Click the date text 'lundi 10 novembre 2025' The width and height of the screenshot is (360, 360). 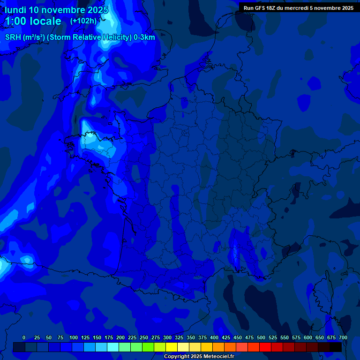tap(56, 9)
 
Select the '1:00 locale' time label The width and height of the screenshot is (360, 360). tap(33, 21)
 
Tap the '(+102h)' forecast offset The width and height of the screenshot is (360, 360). tap(83, 21)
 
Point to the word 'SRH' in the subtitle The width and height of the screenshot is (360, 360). tap(13, 37)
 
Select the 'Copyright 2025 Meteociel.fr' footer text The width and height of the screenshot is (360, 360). tap(199, 356)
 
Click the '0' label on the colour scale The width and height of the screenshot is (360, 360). tap(24, 337)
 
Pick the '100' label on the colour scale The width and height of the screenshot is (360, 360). tap(74, 337)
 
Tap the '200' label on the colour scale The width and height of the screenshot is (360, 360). tap(120, 337)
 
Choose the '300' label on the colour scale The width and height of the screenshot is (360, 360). tap(167, 337)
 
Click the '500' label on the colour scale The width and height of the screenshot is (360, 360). tap(261, 337)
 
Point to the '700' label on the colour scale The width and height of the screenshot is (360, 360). tap(343, 337)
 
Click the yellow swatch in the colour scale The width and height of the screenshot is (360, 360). tap(172, 347)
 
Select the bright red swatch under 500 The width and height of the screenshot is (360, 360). tap(265, 347)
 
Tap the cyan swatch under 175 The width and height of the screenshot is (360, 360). tap(113, 347)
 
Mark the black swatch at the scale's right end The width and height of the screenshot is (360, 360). tap(336, 347)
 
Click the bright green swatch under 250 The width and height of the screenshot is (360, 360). tap(148, 347)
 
